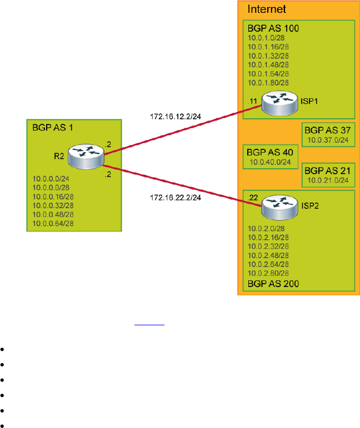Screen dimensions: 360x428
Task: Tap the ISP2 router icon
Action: click(x=277, y=205)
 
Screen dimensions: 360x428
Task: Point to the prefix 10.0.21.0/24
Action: click(x=328, y=180)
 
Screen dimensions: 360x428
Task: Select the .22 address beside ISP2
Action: click(x=253, y=198)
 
